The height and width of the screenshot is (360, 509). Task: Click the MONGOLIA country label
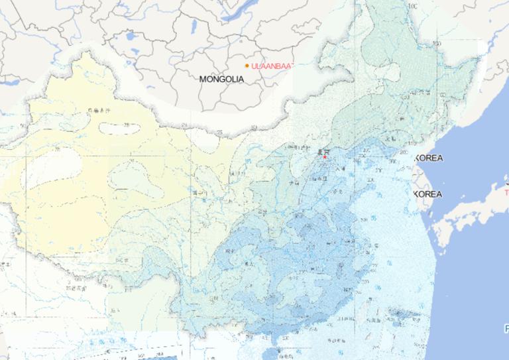[221, 79]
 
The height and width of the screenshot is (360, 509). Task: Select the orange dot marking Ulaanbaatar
[247, 66]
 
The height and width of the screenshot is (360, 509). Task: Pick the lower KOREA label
[427, 194]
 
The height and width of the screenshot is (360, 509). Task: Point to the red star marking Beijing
[325, 157]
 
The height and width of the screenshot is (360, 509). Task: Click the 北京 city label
[323, 151]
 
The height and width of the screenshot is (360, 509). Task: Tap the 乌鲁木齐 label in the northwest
[100, 110]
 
